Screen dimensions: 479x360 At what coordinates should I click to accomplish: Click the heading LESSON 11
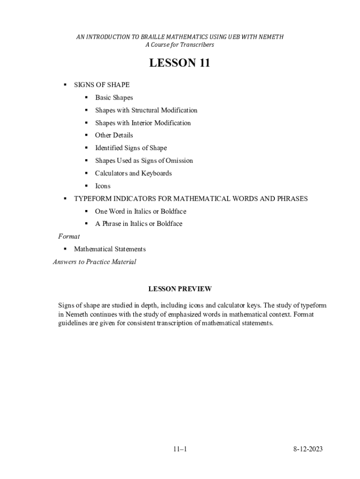pos(180,63)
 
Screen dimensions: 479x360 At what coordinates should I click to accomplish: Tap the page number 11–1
pos(180,450)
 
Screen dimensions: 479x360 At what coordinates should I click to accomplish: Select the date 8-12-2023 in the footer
pos(308,450)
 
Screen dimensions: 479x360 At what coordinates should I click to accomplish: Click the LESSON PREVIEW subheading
pos(180,289)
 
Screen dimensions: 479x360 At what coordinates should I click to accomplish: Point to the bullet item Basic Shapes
pos(114,98)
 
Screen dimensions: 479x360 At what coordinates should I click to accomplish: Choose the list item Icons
pos(103,186)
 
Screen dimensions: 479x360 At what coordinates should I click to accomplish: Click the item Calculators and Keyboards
pos(133,174)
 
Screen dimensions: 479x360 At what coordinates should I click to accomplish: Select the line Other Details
pos(114,136)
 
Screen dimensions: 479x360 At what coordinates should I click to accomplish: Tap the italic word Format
pos(69,236)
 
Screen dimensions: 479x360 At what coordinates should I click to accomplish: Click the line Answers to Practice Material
pos(94,262)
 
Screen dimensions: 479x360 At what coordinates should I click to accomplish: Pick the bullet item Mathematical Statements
pos(110,249)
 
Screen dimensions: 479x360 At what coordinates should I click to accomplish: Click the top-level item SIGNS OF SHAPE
pos(102,85)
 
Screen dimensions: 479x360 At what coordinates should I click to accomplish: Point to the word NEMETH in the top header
pos(271,37)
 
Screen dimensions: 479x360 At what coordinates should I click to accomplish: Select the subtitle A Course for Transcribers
pos(180,45)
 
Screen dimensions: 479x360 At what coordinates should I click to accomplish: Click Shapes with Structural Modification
pos(146,110)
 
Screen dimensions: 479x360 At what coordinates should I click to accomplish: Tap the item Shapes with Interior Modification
pos(143,123)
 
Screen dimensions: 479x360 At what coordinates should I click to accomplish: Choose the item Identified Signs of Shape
pos(131,148)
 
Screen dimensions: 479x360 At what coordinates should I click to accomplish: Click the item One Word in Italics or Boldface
pos(141,211)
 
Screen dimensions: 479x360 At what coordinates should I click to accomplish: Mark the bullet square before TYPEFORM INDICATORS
pos(65,199)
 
